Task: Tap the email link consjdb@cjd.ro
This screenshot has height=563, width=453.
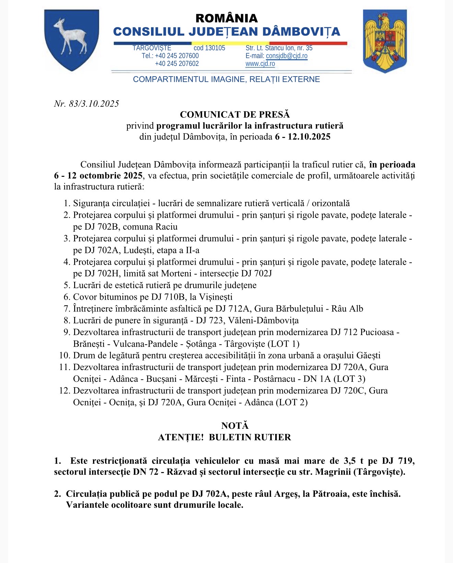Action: [x=287, y=56]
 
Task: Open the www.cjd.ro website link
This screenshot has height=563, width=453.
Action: [x=260, y=64]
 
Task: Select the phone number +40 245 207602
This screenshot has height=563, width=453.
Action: [x=177, y=64]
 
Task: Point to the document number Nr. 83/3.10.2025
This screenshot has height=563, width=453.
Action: [x=86, y=104]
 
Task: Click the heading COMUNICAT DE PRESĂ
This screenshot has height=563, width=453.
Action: [x=235, y=115]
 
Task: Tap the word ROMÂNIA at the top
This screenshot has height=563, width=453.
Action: [x=226, y=18]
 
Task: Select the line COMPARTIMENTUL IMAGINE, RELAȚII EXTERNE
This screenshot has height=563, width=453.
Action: [x=226, y=79]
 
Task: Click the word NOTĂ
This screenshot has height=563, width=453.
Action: [x=235, y=426]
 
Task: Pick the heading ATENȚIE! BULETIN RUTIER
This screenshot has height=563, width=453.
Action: [x=224, y=437]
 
